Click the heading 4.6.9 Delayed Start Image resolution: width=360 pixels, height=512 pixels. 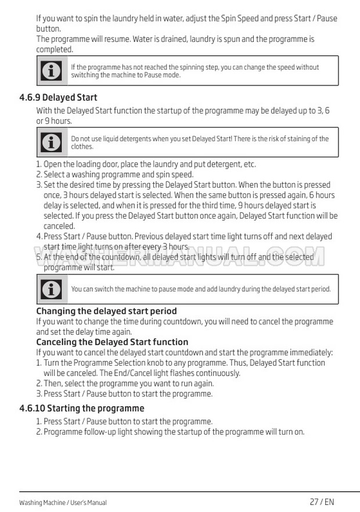58,97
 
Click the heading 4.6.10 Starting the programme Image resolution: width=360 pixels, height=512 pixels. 81,408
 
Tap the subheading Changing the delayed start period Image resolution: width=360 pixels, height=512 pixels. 106,311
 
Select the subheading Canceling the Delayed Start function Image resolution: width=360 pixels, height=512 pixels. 112,342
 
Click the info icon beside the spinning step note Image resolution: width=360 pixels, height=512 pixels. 51,71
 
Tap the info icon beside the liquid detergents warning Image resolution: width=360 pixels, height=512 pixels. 51,142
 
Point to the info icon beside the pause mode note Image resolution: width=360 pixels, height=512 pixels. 51,289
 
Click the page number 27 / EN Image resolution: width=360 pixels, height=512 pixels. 322,502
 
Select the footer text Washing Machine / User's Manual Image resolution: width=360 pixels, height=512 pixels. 63,503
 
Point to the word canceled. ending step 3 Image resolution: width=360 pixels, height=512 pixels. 59,226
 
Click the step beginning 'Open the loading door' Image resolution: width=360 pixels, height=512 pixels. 149,164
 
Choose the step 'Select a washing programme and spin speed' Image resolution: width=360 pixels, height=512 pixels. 118,174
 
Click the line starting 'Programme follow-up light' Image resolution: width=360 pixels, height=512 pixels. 174,432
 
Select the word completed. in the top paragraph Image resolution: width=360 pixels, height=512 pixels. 55,49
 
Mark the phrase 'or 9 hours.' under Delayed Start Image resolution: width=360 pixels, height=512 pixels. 54,121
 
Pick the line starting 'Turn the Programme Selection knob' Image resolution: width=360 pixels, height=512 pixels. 184,363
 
